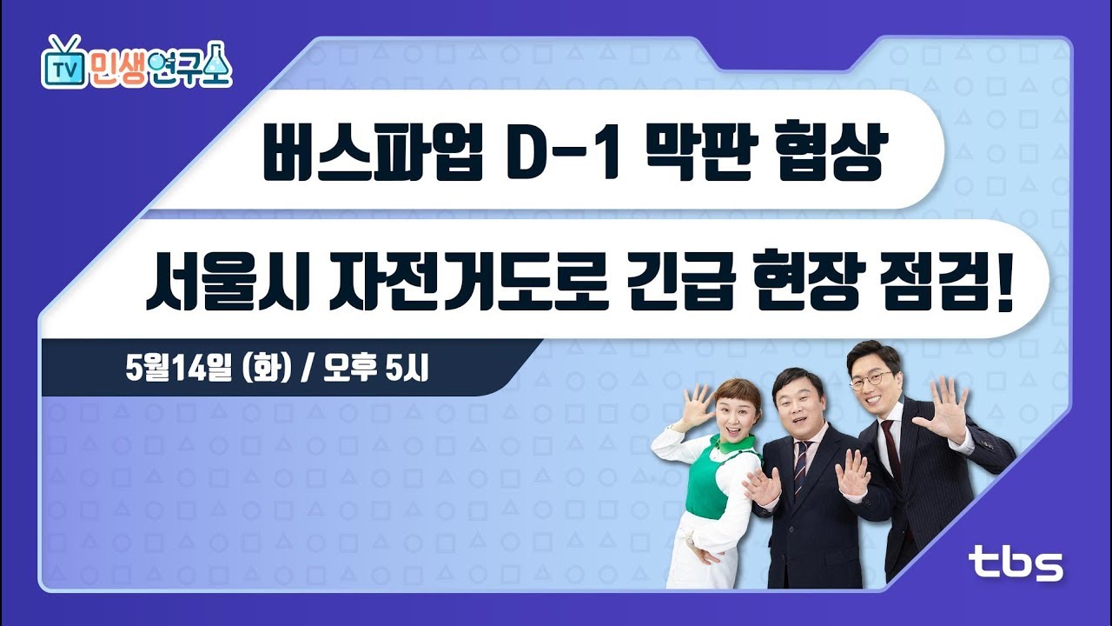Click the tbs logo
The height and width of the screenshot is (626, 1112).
coord(1016,563)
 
